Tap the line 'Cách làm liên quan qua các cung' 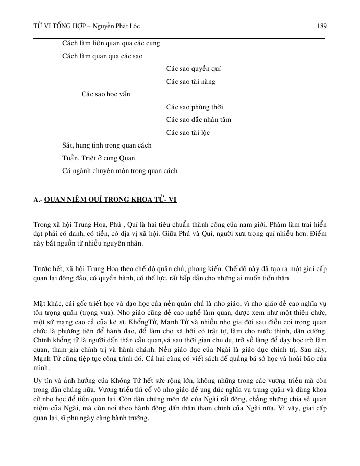(111, 43)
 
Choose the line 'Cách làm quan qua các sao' (102, 56)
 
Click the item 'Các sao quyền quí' (194, 69)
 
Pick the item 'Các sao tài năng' (190, 82)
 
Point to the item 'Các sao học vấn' (106, 94)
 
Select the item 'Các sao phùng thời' (195, 107)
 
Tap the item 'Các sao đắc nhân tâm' (199, 120)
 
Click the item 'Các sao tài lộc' (188, 133)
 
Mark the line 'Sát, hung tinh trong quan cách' (107, 145)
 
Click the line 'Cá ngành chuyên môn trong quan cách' (119, 171)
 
